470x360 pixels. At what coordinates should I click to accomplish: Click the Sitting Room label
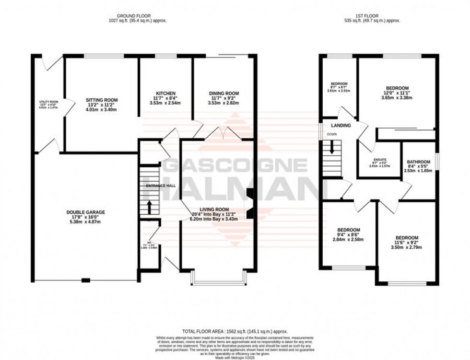pos(102,100)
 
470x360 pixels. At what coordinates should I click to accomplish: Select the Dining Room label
pos(223,93)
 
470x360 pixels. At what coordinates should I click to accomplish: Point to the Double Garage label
pos(85,212)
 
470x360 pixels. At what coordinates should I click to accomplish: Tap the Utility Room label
pos(48,102)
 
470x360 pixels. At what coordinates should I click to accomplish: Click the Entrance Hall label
pos(161,186)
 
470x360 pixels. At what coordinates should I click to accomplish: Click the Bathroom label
pos(418,162)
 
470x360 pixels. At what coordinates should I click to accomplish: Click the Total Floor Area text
pos(235,331)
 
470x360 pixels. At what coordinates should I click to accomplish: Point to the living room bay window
pos(219,278)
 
